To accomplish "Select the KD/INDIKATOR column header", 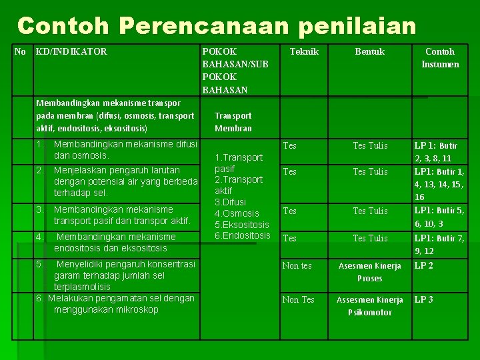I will tap(71, 51).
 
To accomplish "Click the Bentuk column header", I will tap(369, 51).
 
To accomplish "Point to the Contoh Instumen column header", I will tap(440, 58).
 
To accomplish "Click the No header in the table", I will tap(20, 51).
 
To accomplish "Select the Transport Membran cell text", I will tap(233, 121).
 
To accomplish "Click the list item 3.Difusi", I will tap(230, 201).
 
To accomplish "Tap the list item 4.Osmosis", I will tap(237, 213).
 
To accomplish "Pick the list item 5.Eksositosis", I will tap(241, 225).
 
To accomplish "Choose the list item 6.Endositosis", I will tap(242, 235).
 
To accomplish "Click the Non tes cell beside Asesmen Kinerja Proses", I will tap(297, 265).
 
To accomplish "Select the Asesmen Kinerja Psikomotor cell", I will tap(370, 306).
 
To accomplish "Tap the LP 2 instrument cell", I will tap(424, 265).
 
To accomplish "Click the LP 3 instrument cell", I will tap(424, 299).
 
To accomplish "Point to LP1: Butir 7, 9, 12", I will tap(439, 245).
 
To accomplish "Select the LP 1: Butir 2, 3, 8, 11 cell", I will tap(436, 152).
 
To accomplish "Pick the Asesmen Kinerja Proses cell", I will tap(370, 272).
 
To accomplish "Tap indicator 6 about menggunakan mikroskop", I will tap(115, 304).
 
